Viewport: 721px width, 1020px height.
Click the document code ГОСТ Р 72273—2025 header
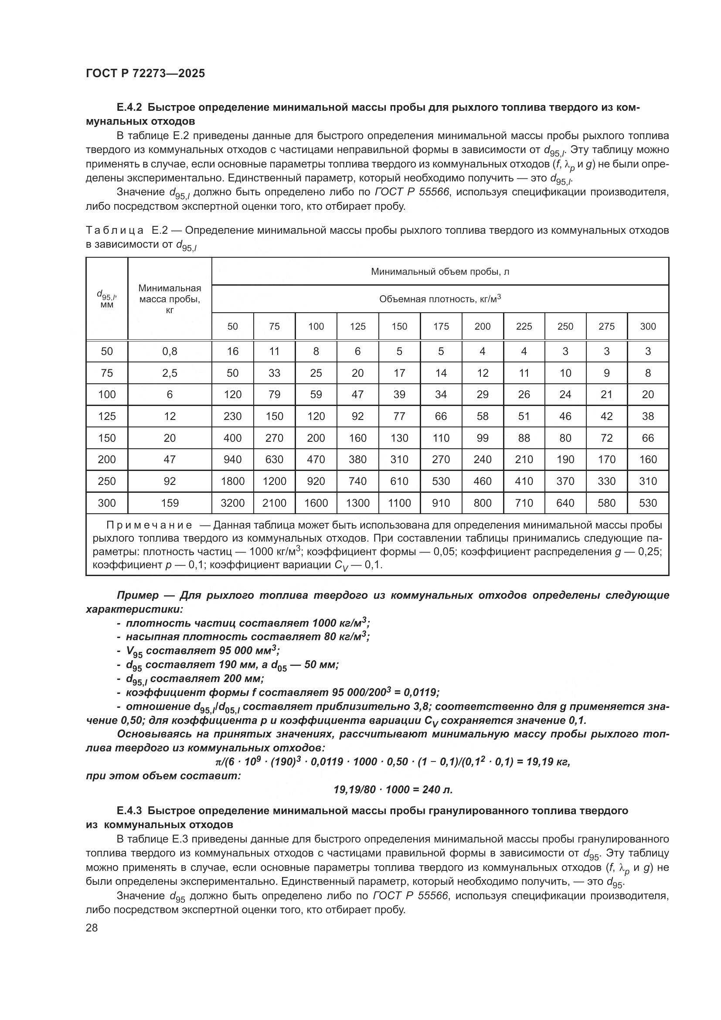pyautogui.click(x=145, y=74)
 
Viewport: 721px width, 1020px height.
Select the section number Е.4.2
pyautogui.click(x=129, y=108)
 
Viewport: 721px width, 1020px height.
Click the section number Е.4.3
pyautogui.click(x=129, y=811)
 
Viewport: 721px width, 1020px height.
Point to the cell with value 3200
pyautogui.click(x=233, y=503)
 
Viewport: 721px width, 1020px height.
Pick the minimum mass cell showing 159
pyautogui.click(x=170, y=503)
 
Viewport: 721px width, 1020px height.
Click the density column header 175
pyautogui.click(x=441, y=327)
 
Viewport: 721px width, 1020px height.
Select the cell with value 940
pyautogui.click(x=233, y=459)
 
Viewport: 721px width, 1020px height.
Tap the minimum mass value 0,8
pyautogui.click(x=170, y=351)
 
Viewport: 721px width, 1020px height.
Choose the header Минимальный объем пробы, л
pyautogui.click(x=440, y=271)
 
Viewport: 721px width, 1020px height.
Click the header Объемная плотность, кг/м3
pyautogui.click(x=440, y=299)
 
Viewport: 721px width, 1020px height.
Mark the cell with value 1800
pyautogui.click(x=233, y=481)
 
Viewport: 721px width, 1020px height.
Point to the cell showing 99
pyautogui.click(x=483, y=438)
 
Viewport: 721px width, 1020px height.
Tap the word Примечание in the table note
pyautogui.click(x=149, y=525)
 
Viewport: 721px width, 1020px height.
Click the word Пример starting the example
pyautogui.click(x=138, y=595)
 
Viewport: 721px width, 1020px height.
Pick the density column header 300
pyautogui.click(x=648, y=327)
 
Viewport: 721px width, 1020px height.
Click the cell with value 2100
pyautogui.click(x=274, y=503)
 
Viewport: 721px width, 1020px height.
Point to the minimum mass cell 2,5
pyautogui.click(x=170, y=373)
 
